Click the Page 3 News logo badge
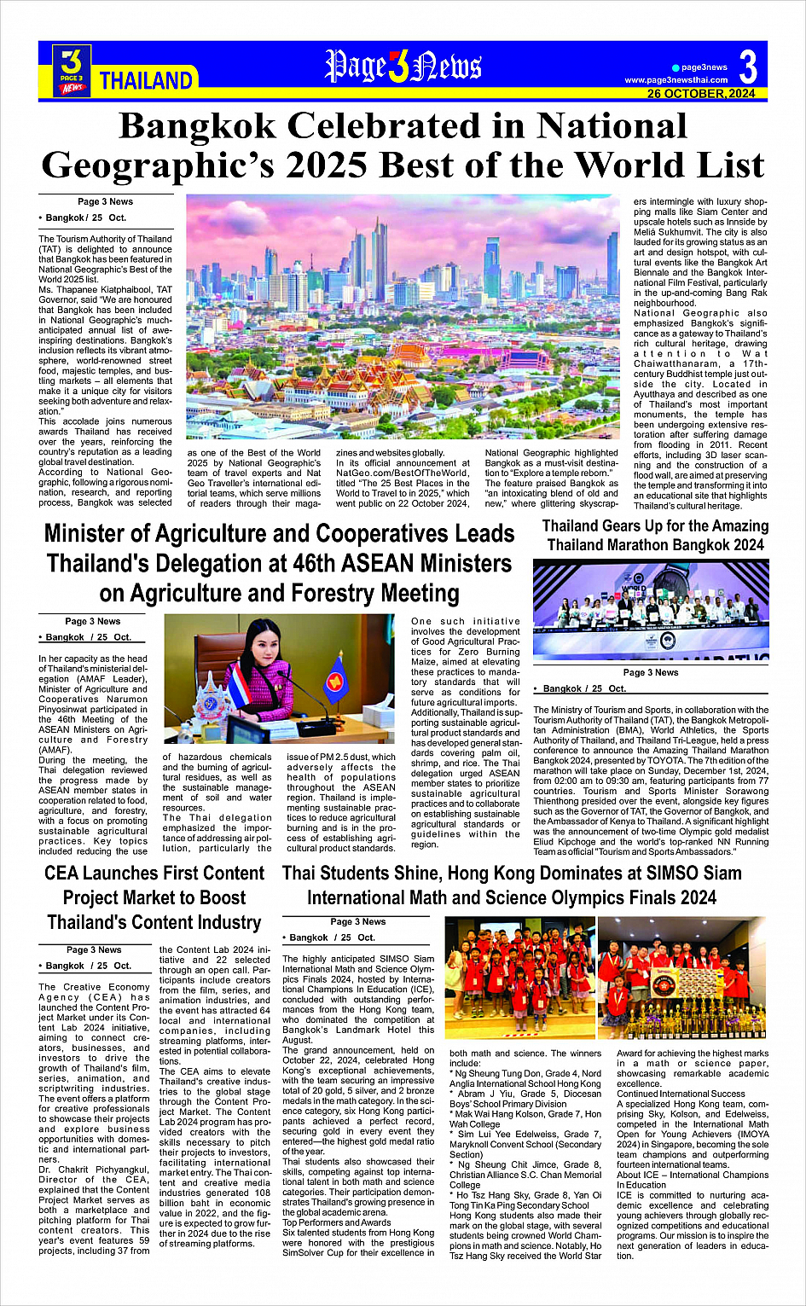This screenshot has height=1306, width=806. (72, 70)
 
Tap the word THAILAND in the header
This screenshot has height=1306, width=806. (146, 81)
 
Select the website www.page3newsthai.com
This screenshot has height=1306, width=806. (676, 80)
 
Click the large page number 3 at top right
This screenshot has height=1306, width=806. (748, 67)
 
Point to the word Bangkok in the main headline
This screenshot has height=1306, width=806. (197, 126)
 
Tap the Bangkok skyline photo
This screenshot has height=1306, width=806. (403, 320)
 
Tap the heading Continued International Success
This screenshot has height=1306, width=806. (681, 1094)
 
